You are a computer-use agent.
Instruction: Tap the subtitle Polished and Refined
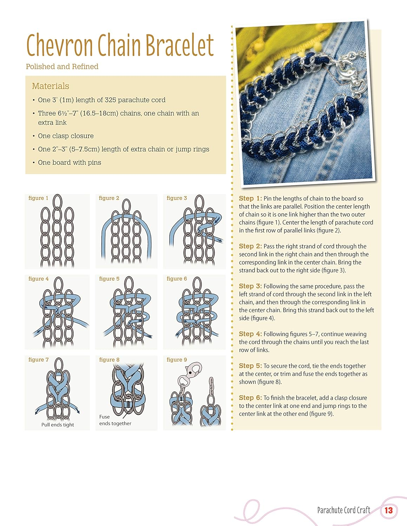pyautogui.click(x=62, y=67)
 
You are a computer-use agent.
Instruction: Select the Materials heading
pyautogui.click(x=50, y=86)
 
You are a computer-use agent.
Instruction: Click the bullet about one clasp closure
pyautogui.click(x=66, y=136)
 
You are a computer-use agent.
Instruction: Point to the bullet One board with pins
pyautogui.click(x=69, y=162)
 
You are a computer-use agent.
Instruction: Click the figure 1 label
pyautogui.click(x=38, y=198)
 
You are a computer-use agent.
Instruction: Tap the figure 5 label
pyautogui.click(x=109, y=279)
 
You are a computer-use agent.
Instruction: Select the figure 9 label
pyautogui.click(x=177, y=360)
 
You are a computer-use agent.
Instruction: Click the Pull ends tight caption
pyautogui.click(x=58, y=425)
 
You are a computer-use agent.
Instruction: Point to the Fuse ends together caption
pyautogui.click(x=115, y=420)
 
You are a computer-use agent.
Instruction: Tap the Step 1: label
pyautogui.click(x=250, y=198)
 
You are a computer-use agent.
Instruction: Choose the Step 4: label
pyautogui.click(x=250, y=334)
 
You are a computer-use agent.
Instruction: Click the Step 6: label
pyautogui.click(x=250, y=398)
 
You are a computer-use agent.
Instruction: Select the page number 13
pyautogui.click(x=388, y=510)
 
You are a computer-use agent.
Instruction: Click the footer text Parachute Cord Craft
pyautogui.click(x=343, y=510)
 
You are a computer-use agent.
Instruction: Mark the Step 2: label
pyautogui.click(x=250, y=247)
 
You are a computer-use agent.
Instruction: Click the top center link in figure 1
pyautogui.click(x=58, y=202)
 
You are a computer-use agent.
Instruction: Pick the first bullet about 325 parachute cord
pyautogui.click(x=101, y=100)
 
